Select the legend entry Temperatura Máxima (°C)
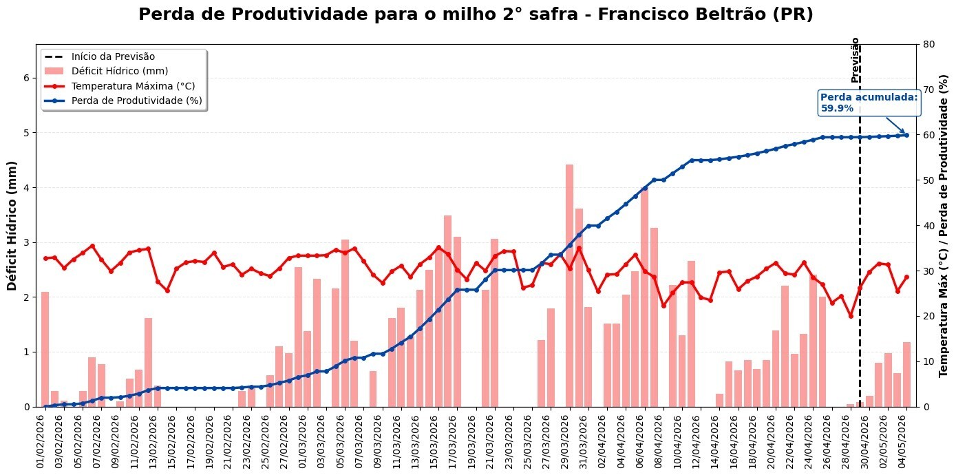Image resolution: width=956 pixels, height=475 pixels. pyautogui.click(x=133, y=86)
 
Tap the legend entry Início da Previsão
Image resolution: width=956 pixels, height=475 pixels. pyautogui.click(x=113, y=56)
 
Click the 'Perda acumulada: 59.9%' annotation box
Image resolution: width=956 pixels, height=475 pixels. pyautogui.click(x=869, y=103)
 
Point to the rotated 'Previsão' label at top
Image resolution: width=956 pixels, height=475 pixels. pyautogui.click(x=856, y=60)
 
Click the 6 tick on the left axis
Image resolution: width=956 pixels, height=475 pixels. pyautogui.click(x=27, y=78)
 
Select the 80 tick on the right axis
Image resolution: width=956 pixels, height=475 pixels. pyautogui.click(x=928, y=44)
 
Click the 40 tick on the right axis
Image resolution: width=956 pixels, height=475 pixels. pyautogui.click(x=928, y=226)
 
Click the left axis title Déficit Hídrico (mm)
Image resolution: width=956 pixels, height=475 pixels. pyautogui.click(x=12, y=226)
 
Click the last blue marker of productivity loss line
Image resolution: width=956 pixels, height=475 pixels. pyautogui.click(x=906, y=135)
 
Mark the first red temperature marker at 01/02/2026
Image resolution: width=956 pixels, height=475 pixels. pyautogui.click(x=45, y=258)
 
